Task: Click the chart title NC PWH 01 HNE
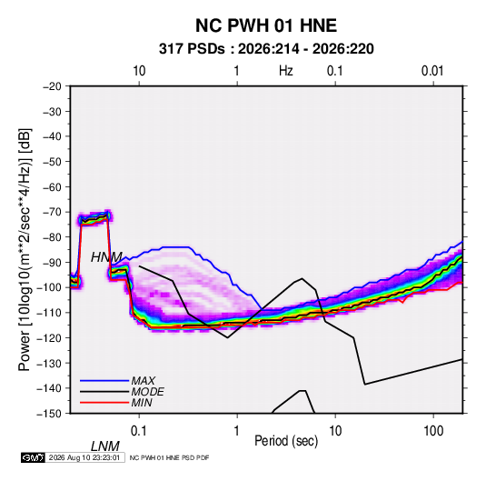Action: (x=266, y=25)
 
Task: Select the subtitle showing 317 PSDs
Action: (x=266, y=49)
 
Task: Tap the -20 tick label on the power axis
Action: (x=52, y=86)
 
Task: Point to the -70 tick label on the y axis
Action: (x=52, y=212)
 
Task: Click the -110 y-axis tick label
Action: (x=49, y=313)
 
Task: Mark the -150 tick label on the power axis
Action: (x=49, y=414)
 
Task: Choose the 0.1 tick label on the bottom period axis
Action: (x=139, y=431)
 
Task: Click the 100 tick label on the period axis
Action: (x=433, y=431)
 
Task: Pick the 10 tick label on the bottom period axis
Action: (x=335, y=431)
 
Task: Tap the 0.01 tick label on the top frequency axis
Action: (x=432, y=71)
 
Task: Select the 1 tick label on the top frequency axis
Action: (x=236, y=71)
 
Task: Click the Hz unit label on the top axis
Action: (x=286, y=71)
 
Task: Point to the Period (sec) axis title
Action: (x=286, y=441)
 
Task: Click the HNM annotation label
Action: (x=106, y=257)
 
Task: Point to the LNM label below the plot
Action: (x=105, y=446)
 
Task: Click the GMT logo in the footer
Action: (x=33, y=457)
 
